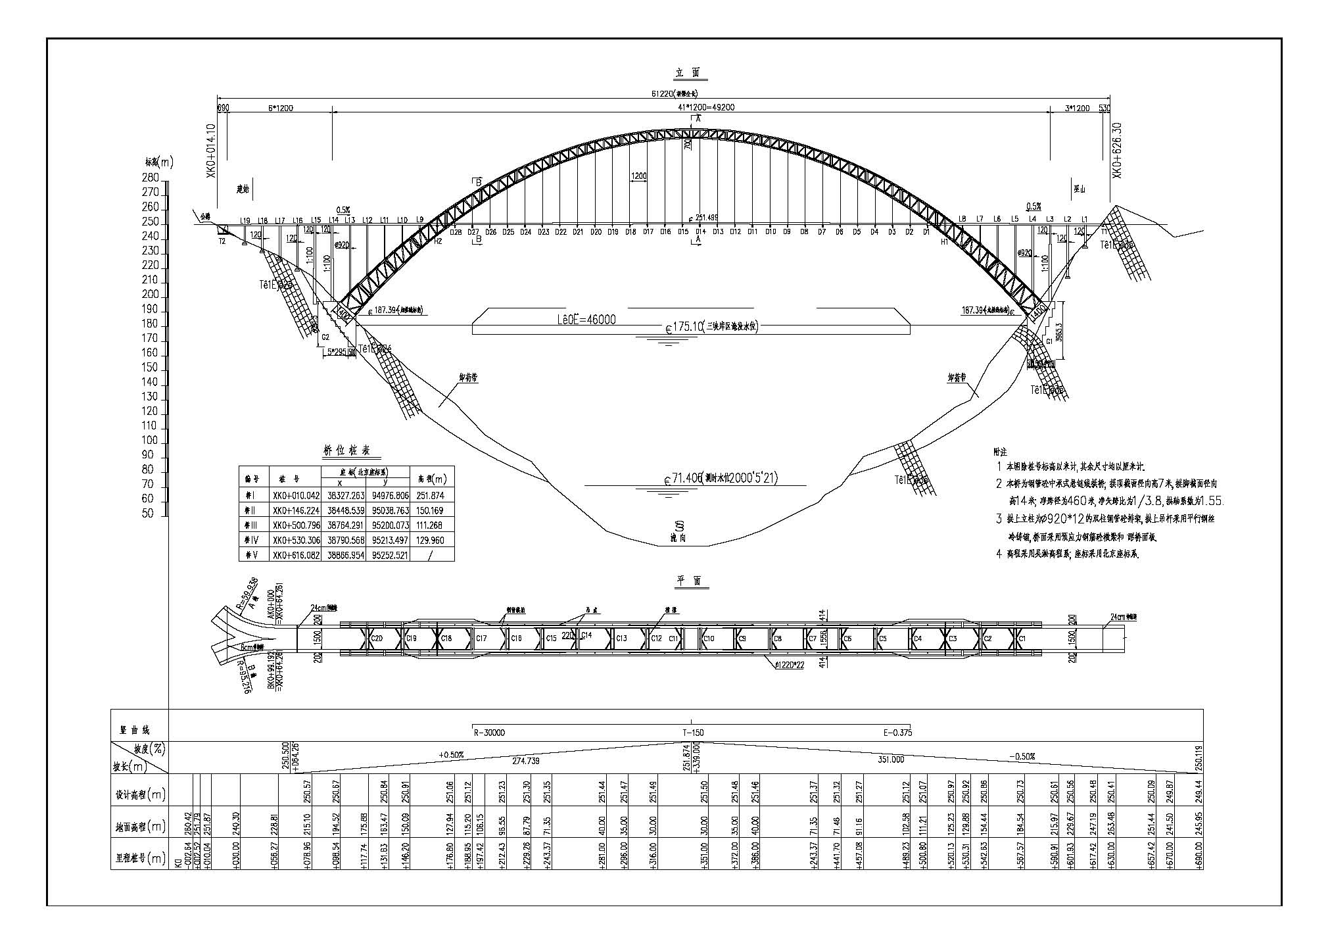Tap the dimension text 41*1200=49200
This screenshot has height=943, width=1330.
point(695,107)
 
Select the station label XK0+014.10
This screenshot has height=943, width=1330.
point(211,151)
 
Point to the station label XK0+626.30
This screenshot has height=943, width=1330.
point(1116,149)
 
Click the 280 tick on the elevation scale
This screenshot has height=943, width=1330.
point(151,178)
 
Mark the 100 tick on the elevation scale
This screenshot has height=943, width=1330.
point(151,441)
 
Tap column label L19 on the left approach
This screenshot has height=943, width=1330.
point(245,220)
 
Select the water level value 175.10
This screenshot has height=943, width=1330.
point(684,326)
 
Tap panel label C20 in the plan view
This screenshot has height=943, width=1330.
point(377,638)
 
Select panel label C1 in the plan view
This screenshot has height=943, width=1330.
point(1022,639)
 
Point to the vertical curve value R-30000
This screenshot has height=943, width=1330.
point(489,733)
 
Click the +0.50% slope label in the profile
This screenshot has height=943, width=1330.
point(452,755)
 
